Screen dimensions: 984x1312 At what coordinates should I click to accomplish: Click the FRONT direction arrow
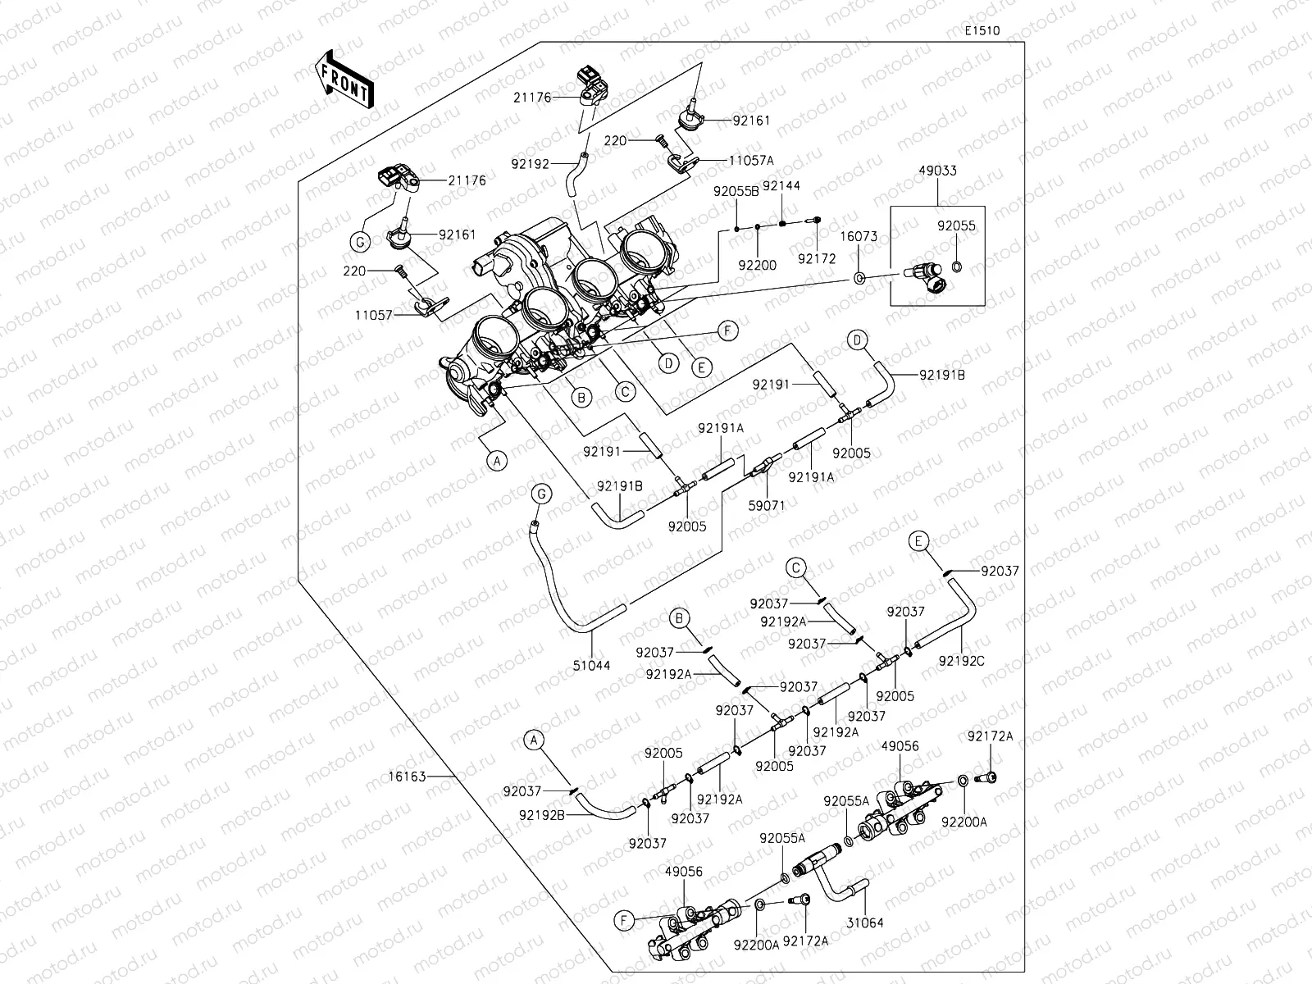click(344, 80)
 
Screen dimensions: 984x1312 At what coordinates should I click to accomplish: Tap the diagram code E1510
click(982, 31)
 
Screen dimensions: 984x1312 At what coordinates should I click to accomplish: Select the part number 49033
click(937, 171)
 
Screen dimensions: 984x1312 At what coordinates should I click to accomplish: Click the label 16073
click(859, 237)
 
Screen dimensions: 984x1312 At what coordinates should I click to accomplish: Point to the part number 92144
click(781, 186)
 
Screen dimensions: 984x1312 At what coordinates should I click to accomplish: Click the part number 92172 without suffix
click(816, 259)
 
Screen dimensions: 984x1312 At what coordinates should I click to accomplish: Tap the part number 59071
click(766, 505)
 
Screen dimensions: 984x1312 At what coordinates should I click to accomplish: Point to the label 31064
click(865, 922)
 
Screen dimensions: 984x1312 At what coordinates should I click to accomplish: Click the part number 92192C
click(962, 659)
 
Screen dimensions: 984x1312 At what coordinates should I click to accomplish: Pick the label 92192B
click(542, 815)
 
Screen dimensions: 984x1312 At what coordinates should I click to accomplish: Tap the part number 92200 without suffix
click(757, 266)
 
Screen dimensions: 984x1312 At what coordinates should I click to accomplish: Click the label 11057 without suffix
click(375, 314)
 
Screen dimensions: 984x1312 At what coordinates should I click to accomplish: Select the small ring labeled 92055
click(956, 266)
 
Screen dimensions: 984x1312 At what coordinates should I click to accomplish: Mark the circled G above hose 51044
click(540, 494)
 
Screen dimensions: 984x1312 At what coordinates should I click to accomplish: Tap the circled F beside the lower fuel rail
click(624, 922)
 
